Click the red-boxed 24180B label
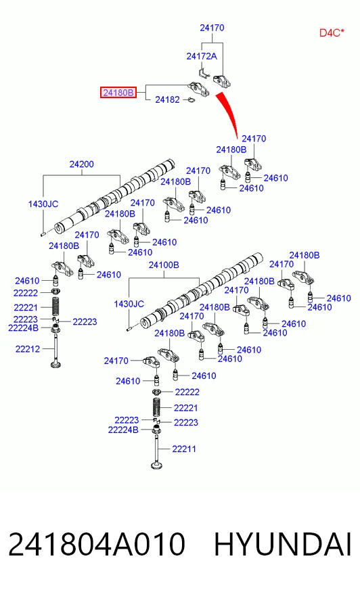[x=118, y=93]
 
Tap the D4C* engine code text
[x=332, y=32]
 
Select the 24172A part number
[x=202, y=56]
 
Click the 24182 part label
[x=167, y=99]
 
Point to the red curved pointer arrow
[x=228, y=113]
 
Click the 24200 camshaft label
[x=82, y=164]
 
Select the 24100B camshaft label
[x=164, y=265]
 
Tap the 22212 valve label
[x=28, y=349]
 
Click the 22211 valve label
[x=184, y=449]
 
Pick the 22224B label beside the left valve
[x=23, y=328]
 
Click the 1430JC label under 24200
[x=43, y=204]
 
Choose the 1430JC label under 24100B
[x=129, y=304]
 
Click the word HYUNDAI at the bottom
[x=283, y=544]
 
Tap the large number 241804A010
[x=97, y=544]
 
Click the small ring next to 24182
[x=191, y=100]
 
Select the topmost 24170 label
[x=212, y=28]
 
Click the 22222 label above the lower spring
[x=187, y=392]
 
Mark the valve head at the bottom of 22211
[x=157, y=466]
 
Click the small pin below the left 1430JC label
[x=43, y=234]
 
